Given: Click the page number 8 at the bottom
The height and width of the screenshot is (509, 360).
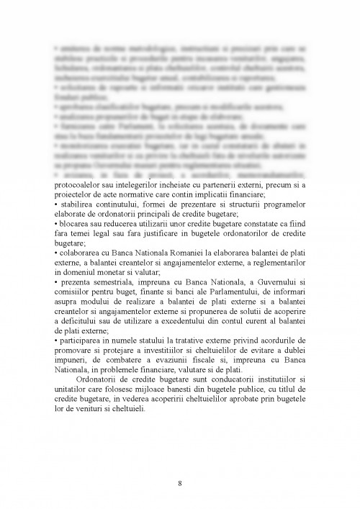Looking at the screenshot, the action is [x=179, y=482].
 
